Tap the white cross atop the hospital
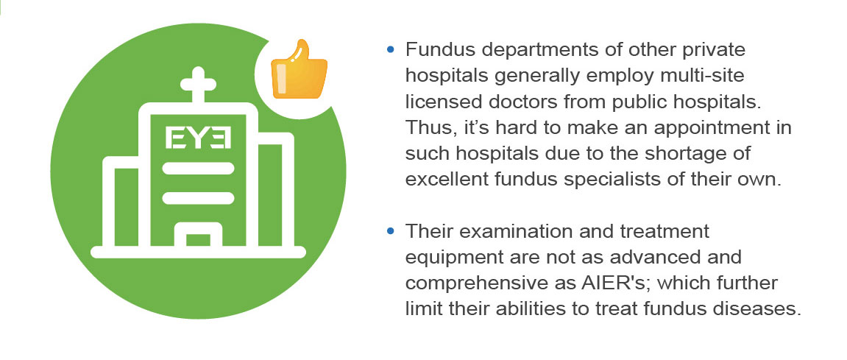tap(198, 85)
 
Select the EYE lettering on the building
tap(198, 138)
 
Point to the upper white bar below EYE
tap(198, 168)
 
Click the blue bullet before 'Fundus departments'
tap(391, 50)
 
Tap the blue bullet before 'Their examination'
tap(391, 231)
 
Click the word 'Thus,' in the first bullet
tap(429, 128)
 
